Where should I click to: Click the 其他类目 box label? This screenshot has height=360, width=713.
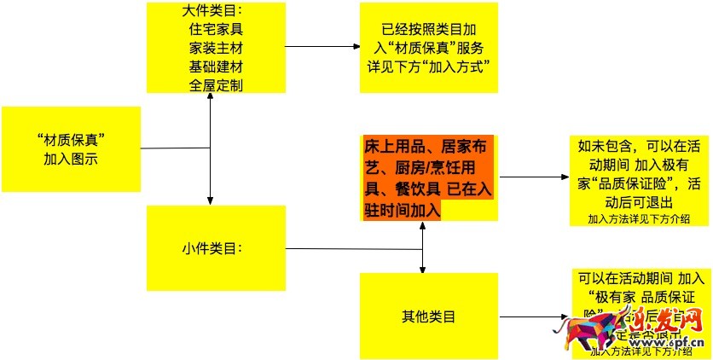click(x=428, y=316)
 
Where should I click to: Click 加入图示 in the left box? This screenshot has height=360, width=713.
click(x=72, y=159)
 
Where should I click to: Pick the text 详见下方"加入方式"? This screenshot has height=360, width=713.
click(x=428, y=67)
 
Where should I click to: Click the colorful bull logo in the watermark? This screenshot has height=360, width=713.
click(x=606, y=332)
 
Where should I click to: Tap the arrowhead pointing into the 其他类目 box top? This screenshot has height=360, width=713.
click(x=424, y=269)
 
